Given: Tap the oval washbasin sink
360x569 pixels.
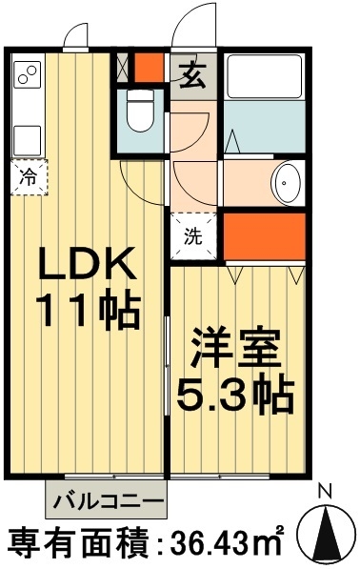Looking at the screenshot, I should tap(286, 180).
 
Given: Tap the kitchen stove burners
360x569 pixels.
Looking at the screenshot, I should tap(28, 73).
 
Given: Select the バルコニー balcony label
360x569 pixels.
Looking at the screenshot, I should tap(106, 498).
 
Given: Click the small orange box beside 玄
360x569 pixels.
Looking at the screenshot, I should tap(148, 68).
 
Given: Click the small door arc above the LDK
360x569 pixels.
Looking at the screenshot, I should tap(77, 35).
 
